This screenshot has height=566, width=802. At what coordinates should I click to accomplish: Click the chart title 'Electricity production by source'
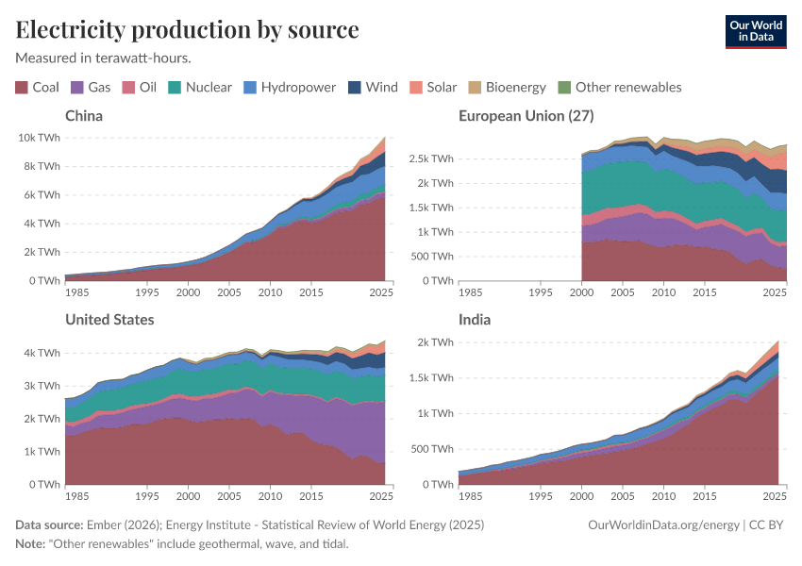(x=187, y=29)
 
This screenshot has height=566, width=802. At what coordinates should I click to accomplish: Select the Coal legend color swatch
(x=22, y=88)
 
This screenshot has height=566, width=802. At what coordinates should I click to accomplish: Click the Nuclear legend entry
(x=200, y=88)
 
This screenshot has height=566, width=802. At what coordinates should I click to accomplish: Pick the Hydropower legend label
(x=298, y=88)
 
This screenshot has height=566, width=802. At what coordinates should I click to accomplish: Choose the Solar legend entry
(x=433, y=88)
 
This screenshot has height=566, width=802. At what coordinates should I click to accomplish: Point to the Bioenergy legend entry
(x=508, y=88)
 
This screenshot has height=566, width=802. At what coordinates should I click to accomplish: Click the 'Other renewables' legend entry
(x=619, y=88)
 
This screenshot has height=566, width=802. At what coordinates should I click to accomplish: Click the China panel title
(x=84, y=116)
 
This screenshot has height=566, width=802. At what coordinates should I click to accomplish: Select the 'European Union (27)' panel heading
(x=526, y=116)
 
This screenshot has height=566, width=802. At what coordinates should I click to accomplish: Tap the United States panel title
(x=109, y=320)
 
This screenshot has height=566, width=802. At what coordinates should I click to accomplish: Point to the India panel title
(x=475, y=320)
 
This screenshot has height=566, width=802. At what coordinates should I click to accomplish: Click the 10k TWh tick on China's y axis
(x=39, y=138)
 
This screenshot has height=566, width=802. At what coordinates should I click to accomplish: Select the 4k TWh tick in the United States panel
(x=42, y=353)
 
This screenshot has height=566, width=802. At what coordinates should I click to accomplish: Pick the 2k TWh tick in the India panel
(x=435, y=341)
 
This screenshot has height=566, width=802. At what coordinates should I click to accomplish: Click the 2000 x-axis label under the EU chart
(x=582, y=292)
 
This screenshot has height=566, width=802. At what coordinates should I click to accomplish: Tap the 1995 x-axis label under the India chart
(x=541, y=496)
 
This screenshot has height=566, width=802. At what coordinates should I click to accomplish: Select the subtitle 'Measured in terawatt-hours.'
(x=104, y=58)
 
